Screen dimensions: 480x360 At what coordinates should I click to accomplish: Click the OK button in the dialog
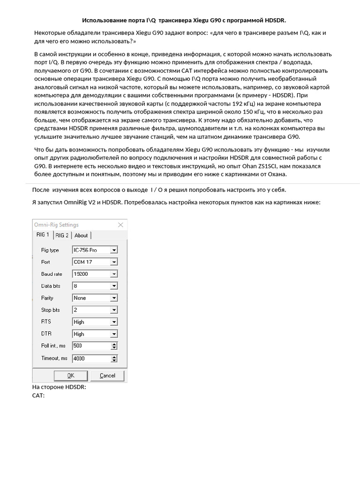[71, 375]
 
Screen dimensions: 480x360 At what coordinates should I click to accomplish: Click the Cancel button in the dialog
[107, 375]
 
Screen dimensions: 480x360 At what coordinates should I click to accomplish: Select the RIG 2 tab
[62, 235]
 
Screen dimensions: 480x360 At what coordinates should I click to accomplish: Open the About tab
[81, 235]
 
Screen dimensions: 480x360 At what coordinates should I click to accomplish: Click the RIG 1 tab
[43, 235]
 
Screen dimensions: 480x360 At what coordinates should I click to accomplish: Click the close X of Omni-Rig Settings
[120, 225]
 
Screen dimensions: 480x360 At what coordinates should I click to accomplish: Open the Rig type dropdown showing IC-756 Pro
[95, 250]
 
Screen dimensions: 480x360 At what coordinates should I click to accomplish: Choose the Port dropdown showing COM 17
[95, 262]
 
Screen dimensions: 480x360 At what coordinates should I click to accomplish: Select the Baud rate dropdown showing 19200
[95, 274]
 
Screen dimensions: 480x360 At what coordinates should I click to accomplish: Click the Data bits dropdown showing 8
[95, 285]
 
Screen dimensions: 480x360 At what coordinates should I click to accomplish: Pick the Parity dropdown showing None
[95, 298]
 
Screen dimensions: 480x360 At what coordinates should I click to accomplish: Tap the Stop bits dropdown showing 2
[95, 310]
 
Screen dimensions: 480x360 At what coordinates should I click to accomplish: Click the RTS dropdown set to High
[95, 322]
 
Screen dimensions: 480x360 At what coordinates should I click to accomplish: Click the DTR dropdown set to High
[95, 334]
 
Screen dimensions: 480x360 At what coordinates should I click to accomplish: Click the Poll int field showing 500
[91, 346]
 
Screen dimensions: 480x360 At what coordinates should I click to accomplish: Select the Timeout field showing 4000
[91, 359]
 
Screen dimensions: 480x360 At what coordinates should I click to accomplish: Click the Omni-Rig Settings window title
[56, 225]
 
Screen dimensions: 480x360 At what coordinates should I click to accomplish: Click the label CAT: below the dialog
[38, 396]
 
